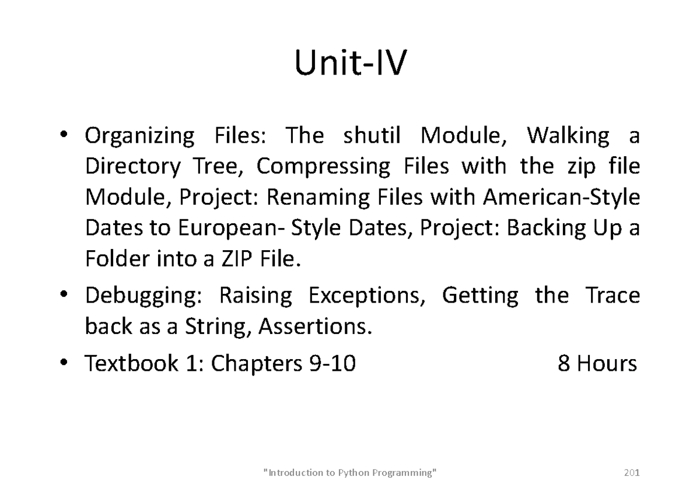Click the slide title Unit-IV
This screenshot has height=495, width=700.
click(x=349, y=64)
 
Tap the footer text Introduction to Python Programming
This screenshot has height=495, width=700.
click(x=350, y=472)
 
